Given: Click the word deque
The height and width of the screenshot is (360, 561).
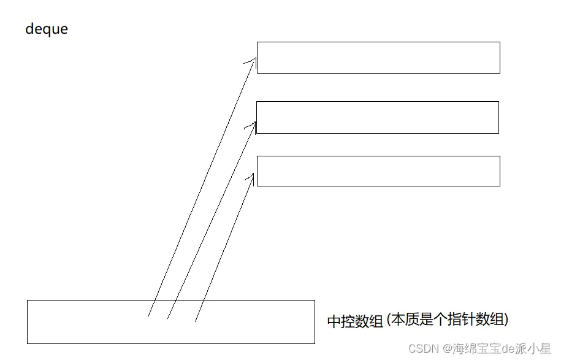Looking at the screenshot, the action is [x=47, y=29].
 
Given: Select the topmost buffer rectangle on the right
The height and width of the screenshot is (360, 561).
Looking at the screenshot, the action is [x=378, y=58].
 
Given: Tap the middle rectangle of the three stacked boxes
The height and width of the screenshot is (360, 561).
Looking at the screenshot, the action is [x=377, y=117].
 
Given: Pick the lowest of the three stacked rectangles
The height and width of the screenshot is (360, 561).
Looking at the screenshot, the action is [x=378, y=171].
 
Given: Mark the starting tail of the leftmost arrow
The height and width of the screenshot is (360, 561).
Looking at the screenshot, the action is [x=148, y=316].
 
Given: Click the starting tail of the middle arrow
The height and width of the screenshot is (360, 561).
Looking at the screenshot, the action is [x=168, y=318].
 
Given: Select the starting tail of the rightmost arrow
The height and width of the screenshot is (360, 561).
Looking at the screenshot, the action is [x=195, y=320].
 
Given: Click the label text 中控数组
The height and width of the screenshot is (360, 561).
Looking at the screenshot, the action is [x=355, y=321].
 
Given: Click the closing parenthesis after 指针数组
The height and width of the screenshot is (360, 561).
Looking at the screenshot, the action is [x=506, y=320].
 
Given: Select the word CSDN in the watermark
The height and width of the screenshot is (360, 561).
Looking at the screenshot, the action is [x=422, y=348].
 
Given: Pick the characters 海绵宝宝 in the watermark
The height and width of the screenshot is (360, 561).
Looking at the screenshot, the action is [x=477, y=348].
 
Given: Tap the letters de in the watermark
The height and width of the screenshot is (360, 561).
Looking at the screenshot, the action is [x=508, y=348].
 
